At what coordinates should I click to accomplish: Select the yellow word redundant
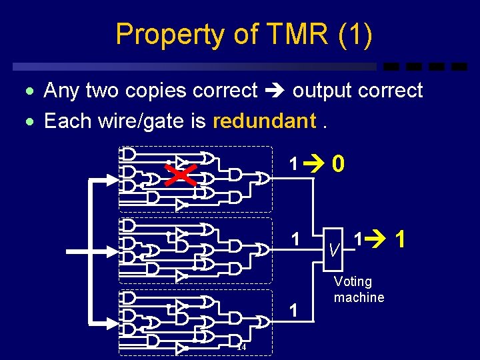click(264, 121)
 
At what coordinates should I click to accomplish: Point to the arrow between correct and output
click(275, 91)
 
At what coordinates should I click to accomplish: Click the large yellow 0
click(339, 164)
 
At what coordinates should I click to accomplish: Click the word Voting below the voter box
click(353, 281)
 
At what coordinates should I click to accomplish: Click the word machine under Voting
click(359, 297)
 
